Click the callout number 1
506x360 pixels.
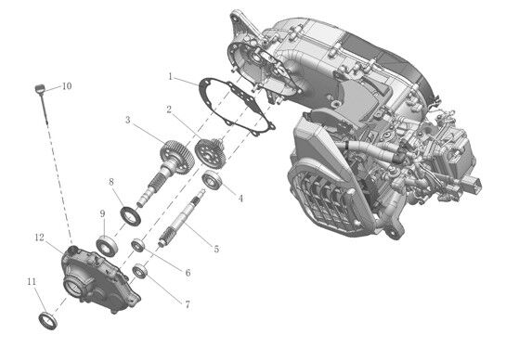tap(171, 77)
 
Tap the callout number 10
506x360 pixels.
tap(67, 86)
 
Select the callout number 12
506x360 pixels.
tap(39, 238)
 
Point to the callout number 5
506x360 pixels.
tap(216, 249)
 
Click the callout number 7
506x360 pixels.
tap(188, 304)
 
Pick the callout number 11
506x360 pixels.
tap(32, 282)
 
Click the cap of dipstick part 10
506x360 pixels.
tap(39, 89)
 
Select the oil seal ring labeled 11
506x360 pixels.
tap(48, 321)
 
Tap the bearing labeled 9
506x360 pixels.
tap(107, 246)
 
